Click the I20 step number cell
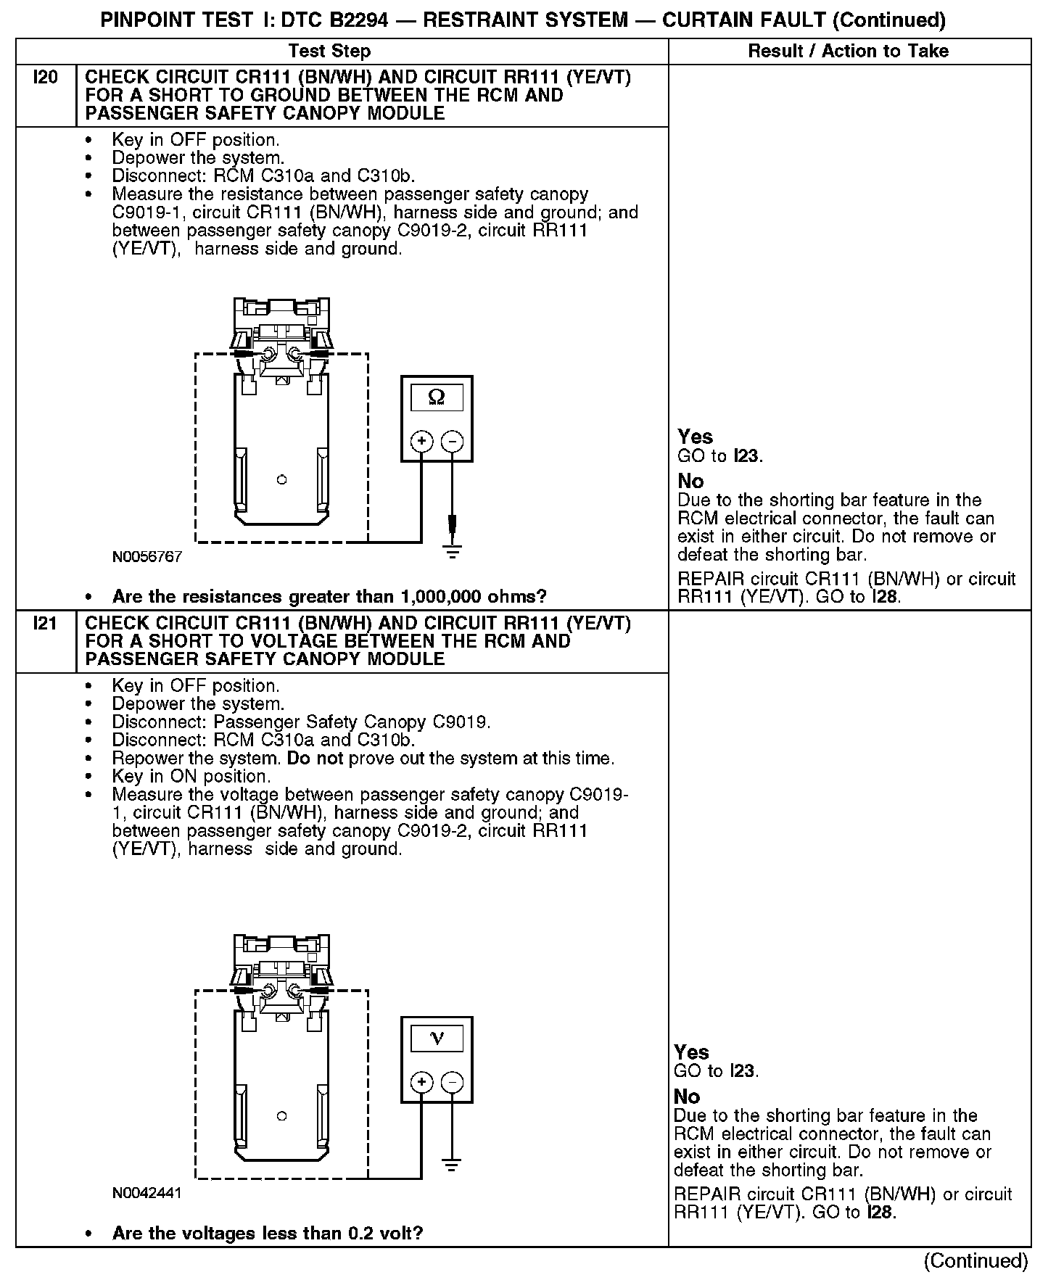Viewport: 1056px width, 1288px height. pos(45,77)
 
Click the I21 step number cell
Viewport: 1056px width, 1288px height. pos(45,623)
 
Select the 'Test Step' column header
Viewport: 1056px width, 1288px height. pos(329,51)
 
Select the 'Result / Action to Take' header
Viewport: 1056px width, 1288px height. pos(848,51)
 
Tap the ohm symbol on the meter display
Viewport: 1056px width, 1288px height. pos(437,397)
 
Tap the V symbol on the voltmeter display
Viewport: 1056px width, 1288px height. pos(437,1039)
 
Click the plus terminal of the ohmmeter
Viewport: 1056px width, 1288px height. pos(421,441)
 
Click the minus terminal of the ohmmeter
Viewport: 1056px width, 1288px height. pos(453,441)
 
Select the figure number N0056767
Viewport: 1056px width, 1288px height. pos(147,557)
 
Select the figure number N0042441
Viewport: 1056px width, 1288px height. pos(147,1193)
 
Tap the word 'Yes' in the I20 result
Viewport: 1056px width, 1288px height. pos(695,437)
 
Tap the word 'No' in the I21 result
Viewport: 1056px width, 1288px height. pos(686,1096)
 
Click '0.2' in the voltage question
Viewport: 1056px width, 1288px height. pos(342,1233)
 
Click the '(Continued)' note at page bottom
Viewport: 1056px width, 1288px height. pos(975,1260)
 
